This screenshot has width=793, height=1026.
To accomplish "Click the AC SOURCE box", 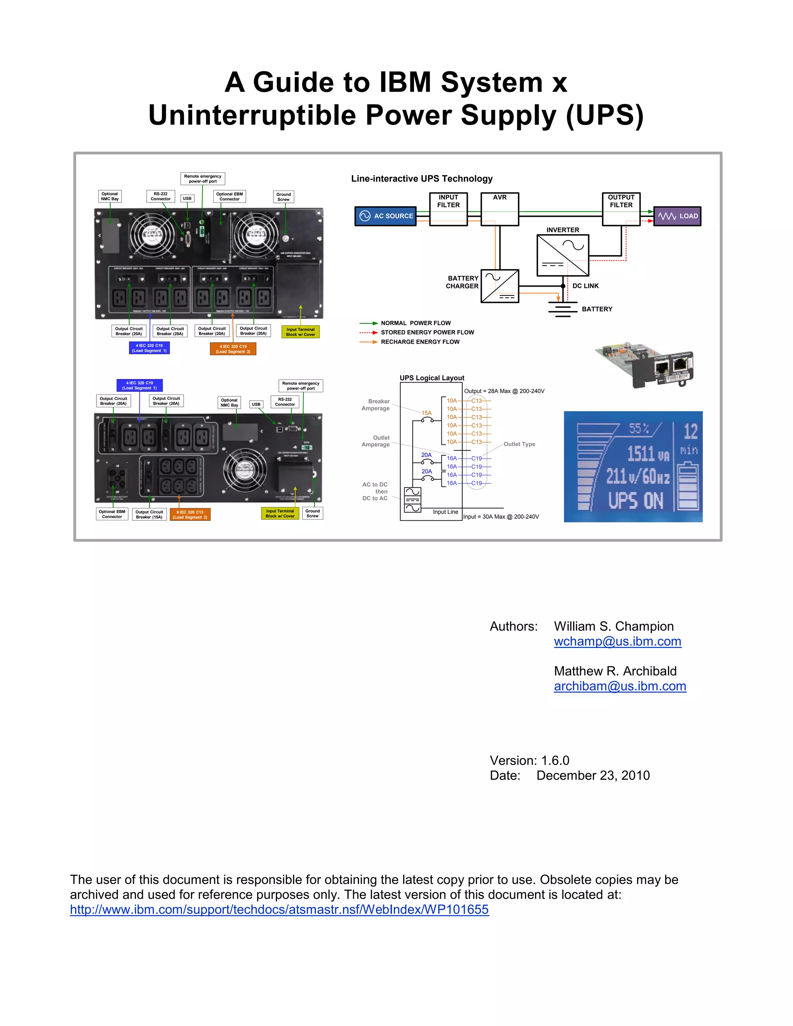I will [x=385, y=216].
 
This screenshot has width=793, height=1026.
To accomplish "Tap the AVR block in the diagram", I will [x=500, y=209].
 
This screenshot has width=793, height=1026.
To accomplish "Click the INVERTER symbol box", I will [x=563, y=255].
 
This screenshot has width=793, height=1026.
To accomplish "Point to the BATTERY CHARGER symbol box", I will [x=500, y=286].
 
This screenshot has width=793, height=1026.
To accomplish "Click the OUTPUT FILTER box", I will [x=621, y=209].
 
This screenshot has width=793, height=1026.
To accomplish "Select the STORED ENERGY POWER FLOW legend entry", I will [x=427, y=333].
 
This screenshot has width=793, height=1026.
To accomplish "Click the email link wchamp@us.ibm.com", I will [x=617, y=641].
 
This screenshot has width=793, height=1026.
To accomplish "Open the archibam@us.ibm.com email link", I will [x=620, y=686].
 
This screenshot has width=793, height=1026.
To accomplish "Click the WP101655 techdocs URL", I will [x=279, y=909].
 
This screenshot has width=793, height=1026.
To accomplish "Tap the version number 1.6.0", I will [x=555, y=760].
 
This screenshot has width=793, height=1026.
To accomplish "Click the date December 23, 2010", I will [x=593, y=776].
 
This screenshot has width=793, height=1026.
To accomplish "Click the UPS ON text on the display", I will [x=636, y=501].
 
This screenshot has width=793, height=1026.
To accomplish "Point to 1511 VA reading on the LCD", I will [x=647, y=454].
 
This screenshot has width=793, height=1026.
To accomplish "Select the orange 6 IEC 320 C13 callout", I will [x=190, y=515].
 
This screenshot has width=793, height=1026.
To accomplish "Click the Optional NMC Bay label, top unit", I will [x=110, y=196].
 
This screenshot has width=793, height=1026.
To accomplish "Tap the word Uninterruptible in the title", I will [x=253, y=115].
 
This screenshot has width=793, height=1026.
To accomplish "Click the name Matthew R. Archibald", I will [x=615, y=671].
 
